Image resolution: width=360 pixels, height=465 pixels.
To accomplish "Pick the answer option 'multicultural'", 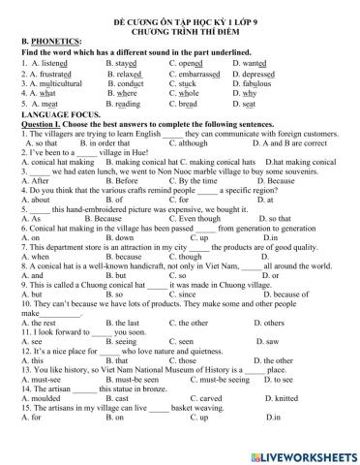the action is coord(56,83).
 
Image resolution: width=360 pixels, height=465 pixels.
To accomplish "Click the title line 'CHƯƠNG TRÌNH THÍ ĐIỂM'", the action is coord(179,29).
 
